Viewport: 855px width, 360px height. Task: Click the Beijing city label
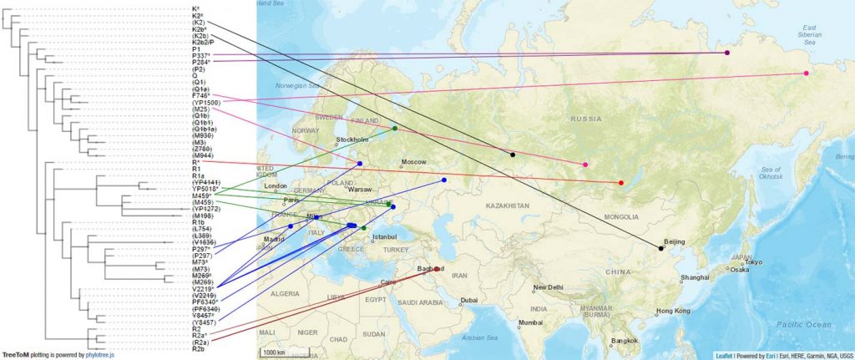pyautogui.click(x=674, y=241)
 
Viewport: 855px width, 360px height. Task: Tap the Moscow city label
pyautogui.click(x=414, y=161)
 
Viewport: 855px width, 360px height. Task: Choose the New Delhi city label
pyautogui.click(x=554, y=288)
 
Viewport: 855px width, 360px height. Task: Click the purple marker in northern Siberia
pyautogui.click(x=727, y=53)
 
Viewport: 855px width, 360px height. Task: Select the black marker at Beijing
pyautogui.click(x=660, y=248)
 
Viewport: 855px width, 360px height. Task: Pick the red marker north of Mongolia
pyautogui.click(x=621, y=182)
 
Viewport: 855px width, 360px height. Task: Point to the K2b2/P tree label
pyautogui.click(x=203, y=43)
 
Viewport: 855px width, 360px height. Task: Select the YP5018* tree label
pyautogui.click(x=205, y=189)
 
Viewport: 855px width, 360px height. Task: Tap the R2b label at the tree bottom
pyautogui.click(x=199, y=348)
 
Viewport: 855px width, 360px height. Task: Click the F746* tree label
pyautogui.click(x=200, y=96)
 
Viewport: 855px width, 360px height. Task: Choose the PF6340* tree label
pyautogui.click(x=205, y=302)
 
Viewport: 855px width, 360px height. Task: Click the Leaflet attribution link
pyautogui.click(x=712, y=355)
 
